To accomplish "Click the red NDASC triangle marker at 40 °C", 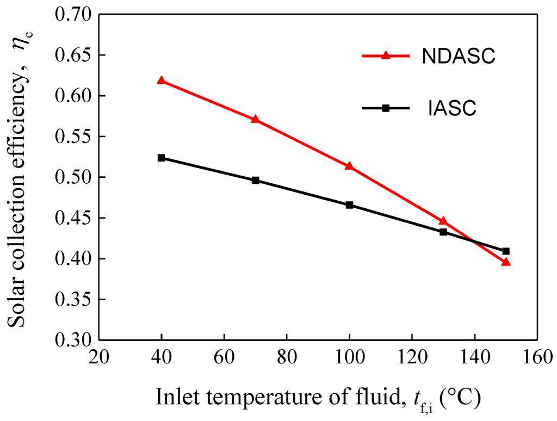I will [161, 81].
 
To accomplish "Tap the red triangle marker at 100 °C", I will [349, 166].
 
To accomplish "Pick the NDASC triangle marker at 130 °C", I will [443, 221].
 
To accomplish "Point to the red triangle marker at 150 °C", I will [506, 262].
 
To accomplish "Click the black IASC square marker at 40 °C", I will [161, 158].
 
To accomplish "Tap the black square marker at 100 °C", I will [349, 205].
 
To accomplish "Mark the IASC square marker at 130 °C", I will [443, 232].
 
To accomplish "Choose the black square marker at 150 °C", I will [506, 251].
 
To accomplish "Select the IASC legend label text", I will [451, 109].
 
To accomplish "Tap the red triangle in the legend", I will [386, 55].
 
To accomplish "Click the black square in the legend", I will [386, 108].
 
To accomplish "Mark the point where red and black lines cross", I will [473, 241].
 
